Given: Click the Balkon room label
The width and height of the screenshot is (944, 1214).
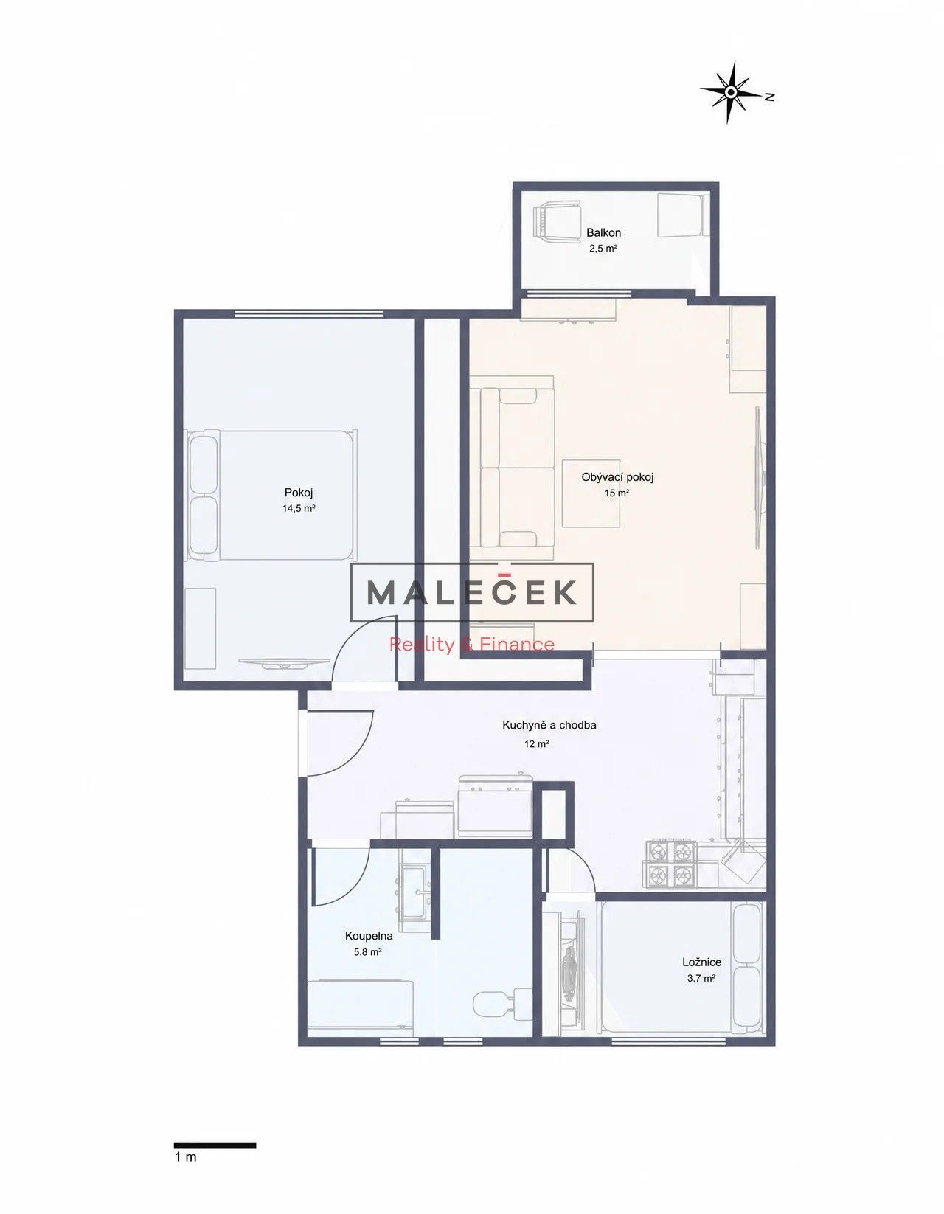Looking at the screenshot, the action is [x=603, y=232].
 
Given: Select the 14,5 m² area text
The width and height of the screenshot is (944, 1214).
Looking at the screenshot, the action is [x=299, y=508].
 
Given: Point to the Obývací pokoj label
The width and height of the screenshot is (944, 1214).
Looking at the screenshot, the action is [x=617, y=477].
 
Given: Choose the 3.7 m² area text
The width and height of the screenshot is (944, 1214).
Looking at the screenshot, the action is [x=701, y=978].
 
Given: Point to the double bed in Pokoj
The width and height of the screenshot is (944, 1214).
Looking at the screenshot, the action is [x=273, y=495].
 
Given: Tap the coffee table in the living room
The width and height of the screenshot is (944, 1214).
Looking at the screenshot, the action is [x=591, y=493].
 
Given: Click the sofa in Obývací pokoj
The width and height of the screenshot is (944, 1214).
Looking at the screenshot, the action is [x=511, y=468].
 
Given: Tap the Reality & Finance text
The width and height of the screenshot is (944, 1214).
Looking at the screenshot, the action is [x=472, y=644].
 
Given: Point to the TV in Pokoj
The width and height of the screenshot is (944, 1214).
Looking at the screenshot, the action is [x=284, y=662].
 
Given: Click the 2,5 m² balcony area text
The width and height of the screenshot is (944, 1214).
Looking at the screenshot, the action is [x=603, y=249].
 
